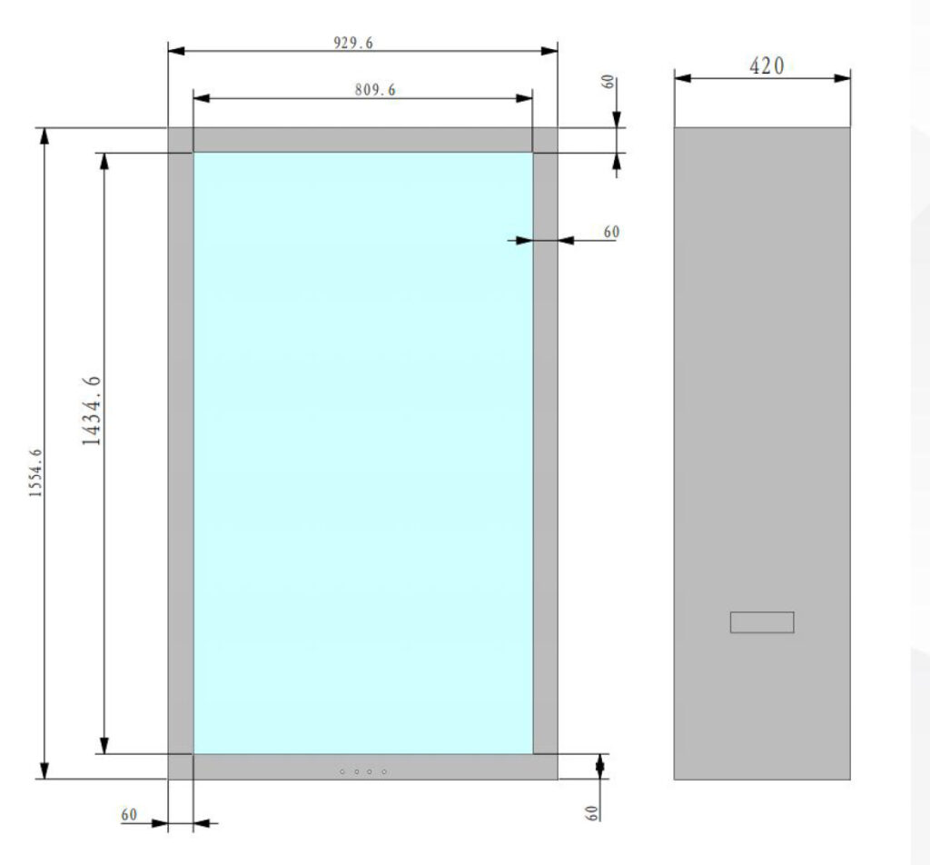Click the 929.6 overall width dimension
tap(353, 43)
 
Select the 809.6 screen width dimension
tap(375, 90)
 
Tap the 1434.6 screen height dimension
tap(92, 411)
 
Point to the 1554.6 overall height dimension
tap(35, 472)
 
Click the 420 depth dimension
tap(767, 65)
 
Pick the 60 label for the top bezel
tap(608, 82)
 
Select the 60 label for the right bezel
tap(611, 232)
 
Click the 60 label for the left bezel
tap(129, 814)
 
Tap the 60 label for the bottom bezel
tap(592, 813)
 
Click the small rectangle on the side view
tap(762, 622)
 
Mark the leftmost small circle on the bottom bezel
tap(342, 771)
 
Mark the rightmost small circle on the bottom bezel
tap(384, 771)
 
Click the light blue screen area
tap(363, 453)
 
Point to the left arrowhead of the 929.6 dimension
tap(176, 51)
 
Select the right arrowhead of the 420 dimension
tap(842, 78)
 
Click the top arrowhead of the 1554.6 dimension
tap(44, 136)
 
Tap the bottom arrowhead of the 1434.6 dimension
tap(104, 746)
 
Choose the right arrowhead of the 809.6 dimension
tap(524, 98)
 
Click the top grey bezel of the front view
tap(363, 140)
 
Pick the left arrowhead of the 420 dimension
tap(683, 78)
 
